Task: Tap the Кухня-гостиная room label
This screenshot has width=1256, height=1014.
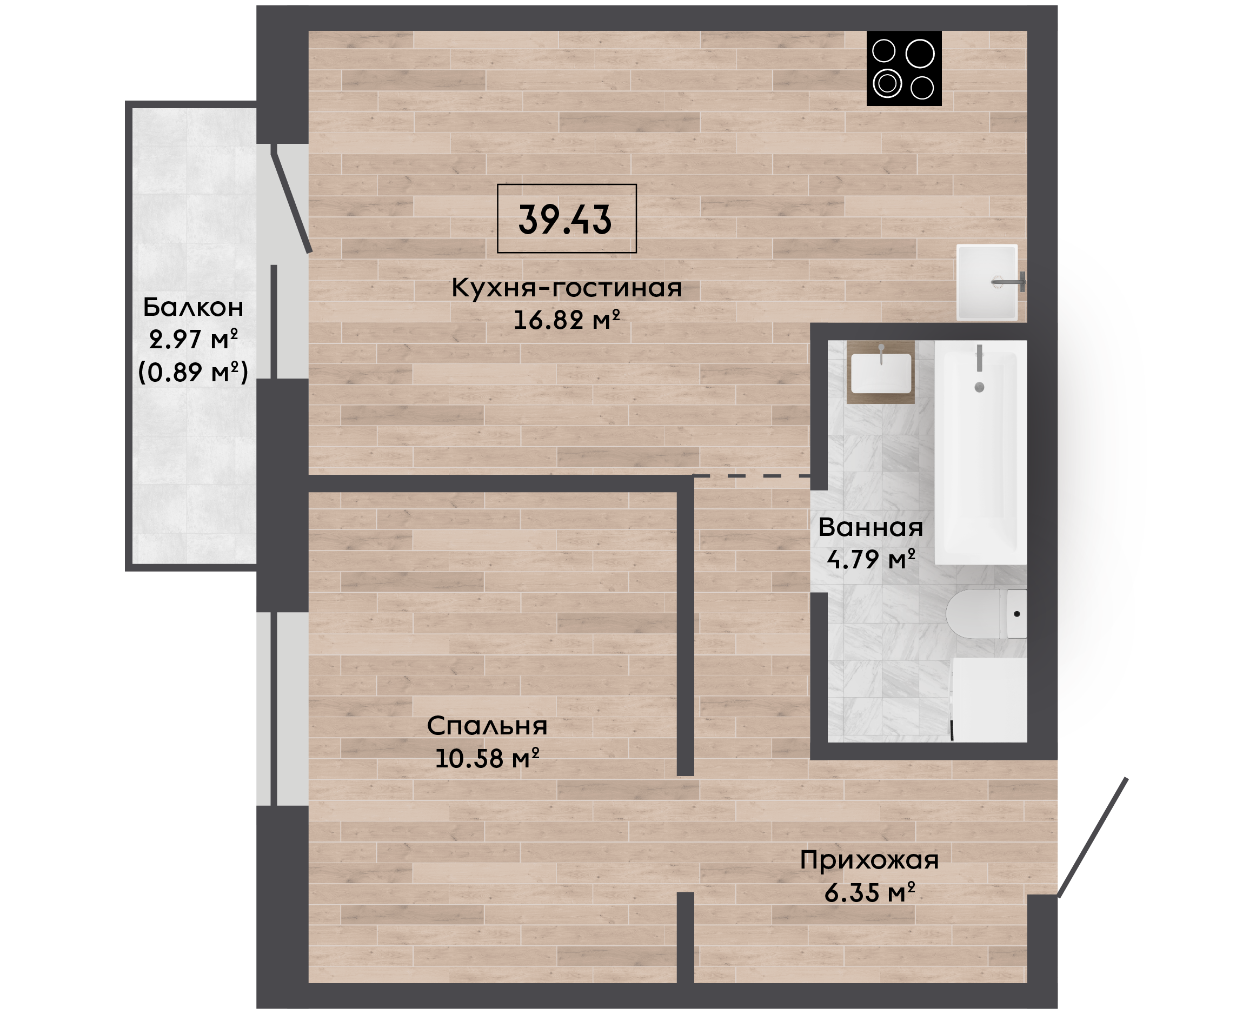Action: tap(567, 288)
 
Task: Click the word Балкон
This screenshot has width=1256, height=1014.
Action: tap(192, 307)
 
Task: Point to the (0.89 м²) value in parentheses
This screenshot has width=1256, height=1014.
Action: tap(192, 372)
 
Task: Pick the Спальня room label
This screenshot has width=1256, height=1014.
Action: tap(487, 727)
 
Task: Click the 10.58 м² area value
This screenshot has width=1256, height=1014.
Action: tap(487, 759)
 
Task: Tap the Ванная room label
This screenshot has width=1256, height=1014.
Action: tap(870, 527)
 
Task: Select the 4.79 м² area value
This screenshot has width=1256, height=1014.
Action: tap(870, 560)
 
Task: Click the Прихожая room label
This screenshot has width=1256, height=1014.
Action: tap(869, 860)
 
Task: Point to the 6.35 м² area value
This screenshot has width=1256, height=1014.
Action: tap(869, 892)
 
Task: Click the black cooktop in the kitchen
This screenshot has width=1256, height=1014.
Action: tap(904, 68)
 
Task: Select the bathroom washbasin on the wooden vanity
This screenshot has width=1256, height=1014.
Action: tap(881, 373)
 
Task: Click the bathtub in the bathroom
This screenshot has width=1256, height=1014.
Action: tap(980, 453)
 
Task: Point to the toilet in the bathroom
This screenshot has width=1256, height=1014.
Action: tap(986, 614)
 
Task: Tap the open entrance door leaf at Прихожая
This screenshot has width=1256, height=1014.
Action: tap(1093, 838)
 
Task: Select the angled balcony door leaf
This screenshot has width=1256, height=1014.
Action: tap(291, 199)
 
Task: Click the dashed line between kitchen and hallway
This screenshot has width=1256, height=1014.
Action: tap(752, 476)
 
